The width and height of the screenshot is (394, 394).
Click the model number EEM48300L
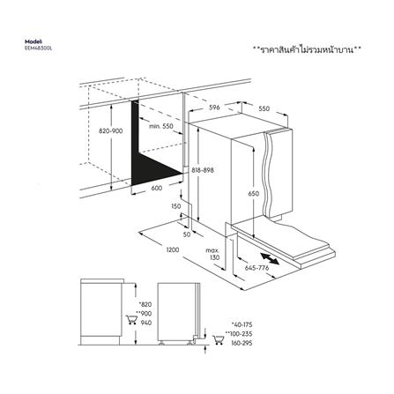(38, 48)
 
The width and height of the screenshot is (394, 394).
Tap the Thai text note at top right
(307, 49)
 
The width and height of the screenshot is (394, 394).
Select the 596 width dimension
(214, 108)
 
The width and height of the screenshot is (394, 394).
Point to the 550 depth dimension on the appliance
(264, 108)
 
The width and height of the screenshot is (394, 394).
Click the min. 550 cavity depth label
(161, 126)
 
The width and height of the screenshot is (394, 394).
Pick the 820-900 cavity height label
(110, 131)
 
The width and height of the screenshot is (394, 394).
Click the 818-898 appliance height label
(203, 170)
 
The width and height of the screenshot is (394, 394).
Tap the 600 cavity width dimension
(157, 188)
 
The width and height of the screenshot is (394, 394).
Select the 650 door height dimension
(253, 194)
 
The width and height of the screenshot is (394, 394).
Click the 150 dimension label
(175, 206)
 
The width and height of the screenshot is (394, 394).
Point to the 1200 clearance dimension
(173, 250)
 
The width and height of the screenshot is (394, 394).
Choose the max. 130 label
(212, 254)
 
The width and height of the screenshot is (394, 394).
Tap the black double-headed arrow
(270, 258)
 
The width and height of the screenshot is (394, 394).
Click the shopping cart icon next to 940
(131, 319)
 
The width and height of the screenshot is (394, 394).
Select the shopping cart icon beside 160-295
(218, 339)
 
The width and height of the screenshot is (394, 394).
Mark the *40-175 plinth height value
(242, 325)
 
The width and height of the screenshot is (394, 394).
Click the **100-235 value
(239, 334)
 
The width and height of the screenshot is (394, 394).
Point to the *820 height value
(145, 304)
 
